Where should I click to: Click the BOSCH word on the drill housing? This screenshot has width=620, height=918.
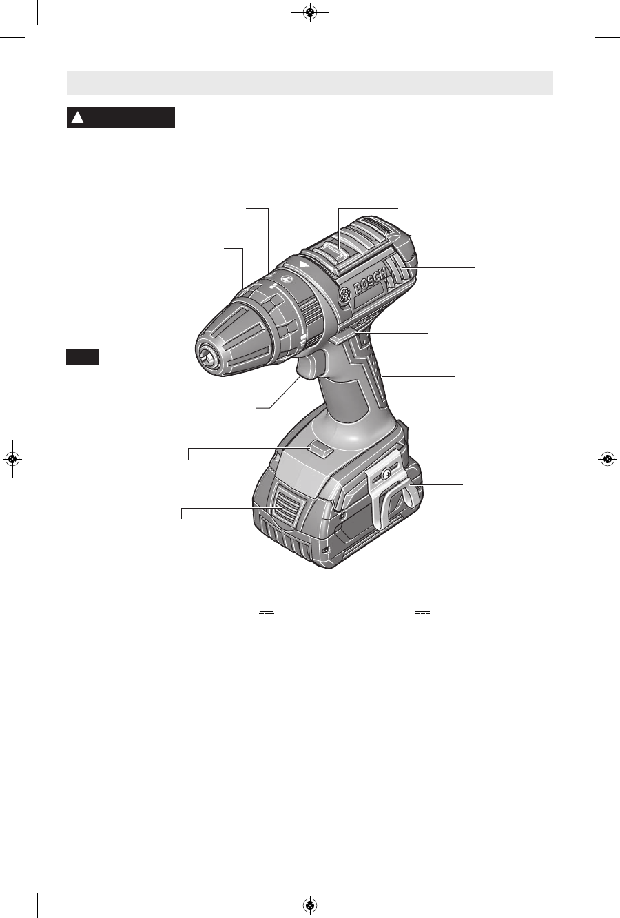pos(370,280)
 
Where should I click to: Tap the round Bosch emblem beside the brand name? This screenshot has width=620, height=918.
pos(345,295)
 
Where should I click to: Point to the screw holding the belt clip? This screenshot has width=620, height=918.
pos(385,473)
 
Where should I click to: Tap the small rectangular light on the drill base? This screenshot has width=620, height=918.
pos(322,449)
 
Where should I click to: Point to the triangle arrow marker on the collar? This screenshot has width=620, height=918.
pos(304,264)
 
